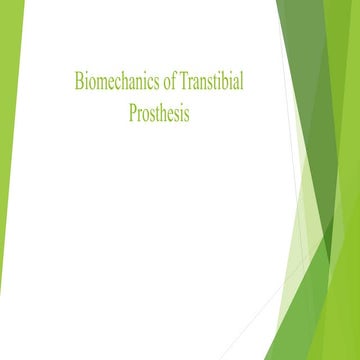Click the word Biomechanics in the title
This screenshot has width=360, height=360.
tap(112, 82)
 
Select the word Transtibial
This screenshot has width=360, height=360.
tap(206, 82)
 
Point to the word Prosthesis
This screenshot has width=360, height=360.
tap(159, 114)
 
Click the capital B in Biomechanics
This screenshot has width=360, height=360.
tap(78, 82)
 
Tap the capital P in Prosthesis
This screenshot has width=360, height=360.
tap(132, 114)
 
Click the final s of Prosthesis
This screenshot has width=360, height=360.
tap(186, 114)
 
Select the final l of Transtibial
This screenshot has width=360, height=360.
tap(241, 82)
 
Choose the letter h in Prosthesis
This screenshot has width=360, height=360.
tap(164, 114)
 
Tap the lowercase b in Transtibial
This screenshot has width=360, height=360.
tap(221, 82)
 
